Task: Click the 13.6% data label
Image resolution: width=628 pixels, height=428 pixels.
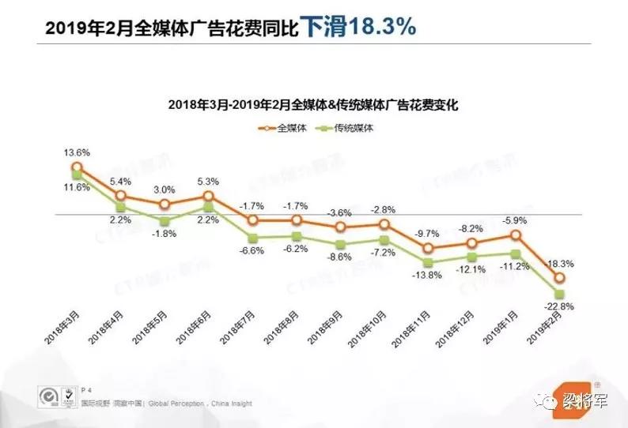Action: pyautogui.click(x=78, y=152)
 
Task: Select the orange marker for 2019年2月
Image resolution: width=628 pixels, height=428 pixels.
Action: pyautogui.click(x=559, y=278)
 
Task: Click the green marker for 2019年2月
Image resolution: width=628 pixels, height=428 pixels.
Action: pyautogui.click(x=559, y=294)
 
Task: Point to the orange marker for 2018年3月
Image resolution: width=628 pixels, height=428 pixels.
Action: pyautogui.click(x=77, y=167)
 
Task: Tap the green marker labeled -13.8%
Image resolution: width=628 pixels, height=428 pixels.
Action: pyautogui.click(x=428, y=262)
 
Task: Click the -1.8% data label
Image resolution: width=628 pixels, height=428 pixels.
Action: pyautogui.click(x=165, y=235)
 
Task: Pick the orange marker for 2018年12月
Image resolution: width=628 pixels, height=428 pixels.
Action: pyautogui.click(x=472, y=244)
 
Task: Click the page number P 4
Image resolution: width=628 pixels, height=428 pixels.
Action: pyautogui.click(x=86, y=391)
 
